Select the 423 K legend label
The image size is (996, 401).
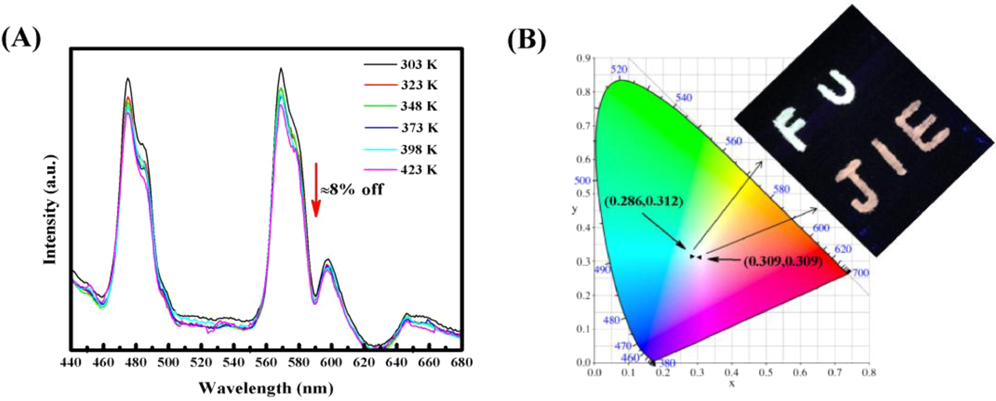(418, 170)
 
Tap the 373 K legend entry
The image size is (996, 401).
(418, 128)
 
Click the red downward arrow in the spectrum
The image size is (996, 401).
(315, 189)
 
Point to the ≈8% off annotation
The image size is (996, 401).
(352, 189)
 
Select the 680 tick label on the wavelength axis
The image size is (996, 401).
(460, 362)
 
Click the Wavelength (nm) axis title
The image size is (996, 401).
(266, 387)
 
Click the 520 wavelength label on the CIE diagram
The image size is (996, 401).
(619, 70)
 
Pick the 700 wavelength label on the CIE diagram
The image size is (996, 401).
(860, 273)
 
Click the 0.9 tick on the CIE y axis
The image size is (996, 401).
(583, 58)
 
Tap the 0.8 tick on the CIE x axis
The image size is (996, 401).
(869, 373)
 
